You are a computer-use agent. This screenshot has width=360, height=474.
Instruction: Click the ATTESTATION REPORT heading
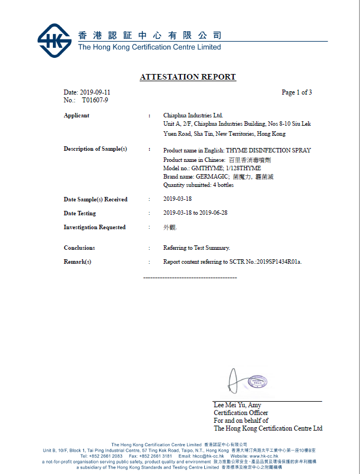point(188,77)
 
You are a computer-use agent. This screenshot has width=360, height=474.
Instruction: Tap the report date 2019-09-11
point(95,92)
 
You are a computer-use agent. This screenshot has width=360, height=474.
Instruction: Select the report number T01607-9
point(95,100)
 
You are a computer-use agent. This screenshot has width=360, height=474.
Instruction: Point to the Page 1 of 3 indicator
point(297,92)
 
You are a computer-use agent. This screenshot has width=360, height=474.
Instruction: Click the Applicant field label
point(76,116)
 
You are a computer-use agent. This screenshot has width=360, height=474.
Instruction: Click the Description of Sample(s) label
point(95,149)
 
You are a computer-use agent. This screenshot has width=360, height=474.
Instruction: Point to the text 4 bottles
point(221,185)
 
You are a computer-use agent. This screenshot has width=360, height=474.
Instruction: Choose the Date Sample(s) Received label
point(95,199)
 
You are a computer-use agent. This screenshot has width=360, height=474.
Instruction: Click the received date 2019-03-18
point(177,199)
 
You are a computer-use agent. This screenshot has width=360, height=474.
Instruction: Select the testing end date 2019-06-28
point(215,213)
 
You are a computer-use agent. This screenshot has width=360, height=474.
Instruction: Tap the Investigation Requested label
point(94,227)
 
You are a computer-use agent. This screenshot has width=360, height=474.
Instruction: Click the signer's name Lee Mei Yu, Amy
point(237,405)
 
